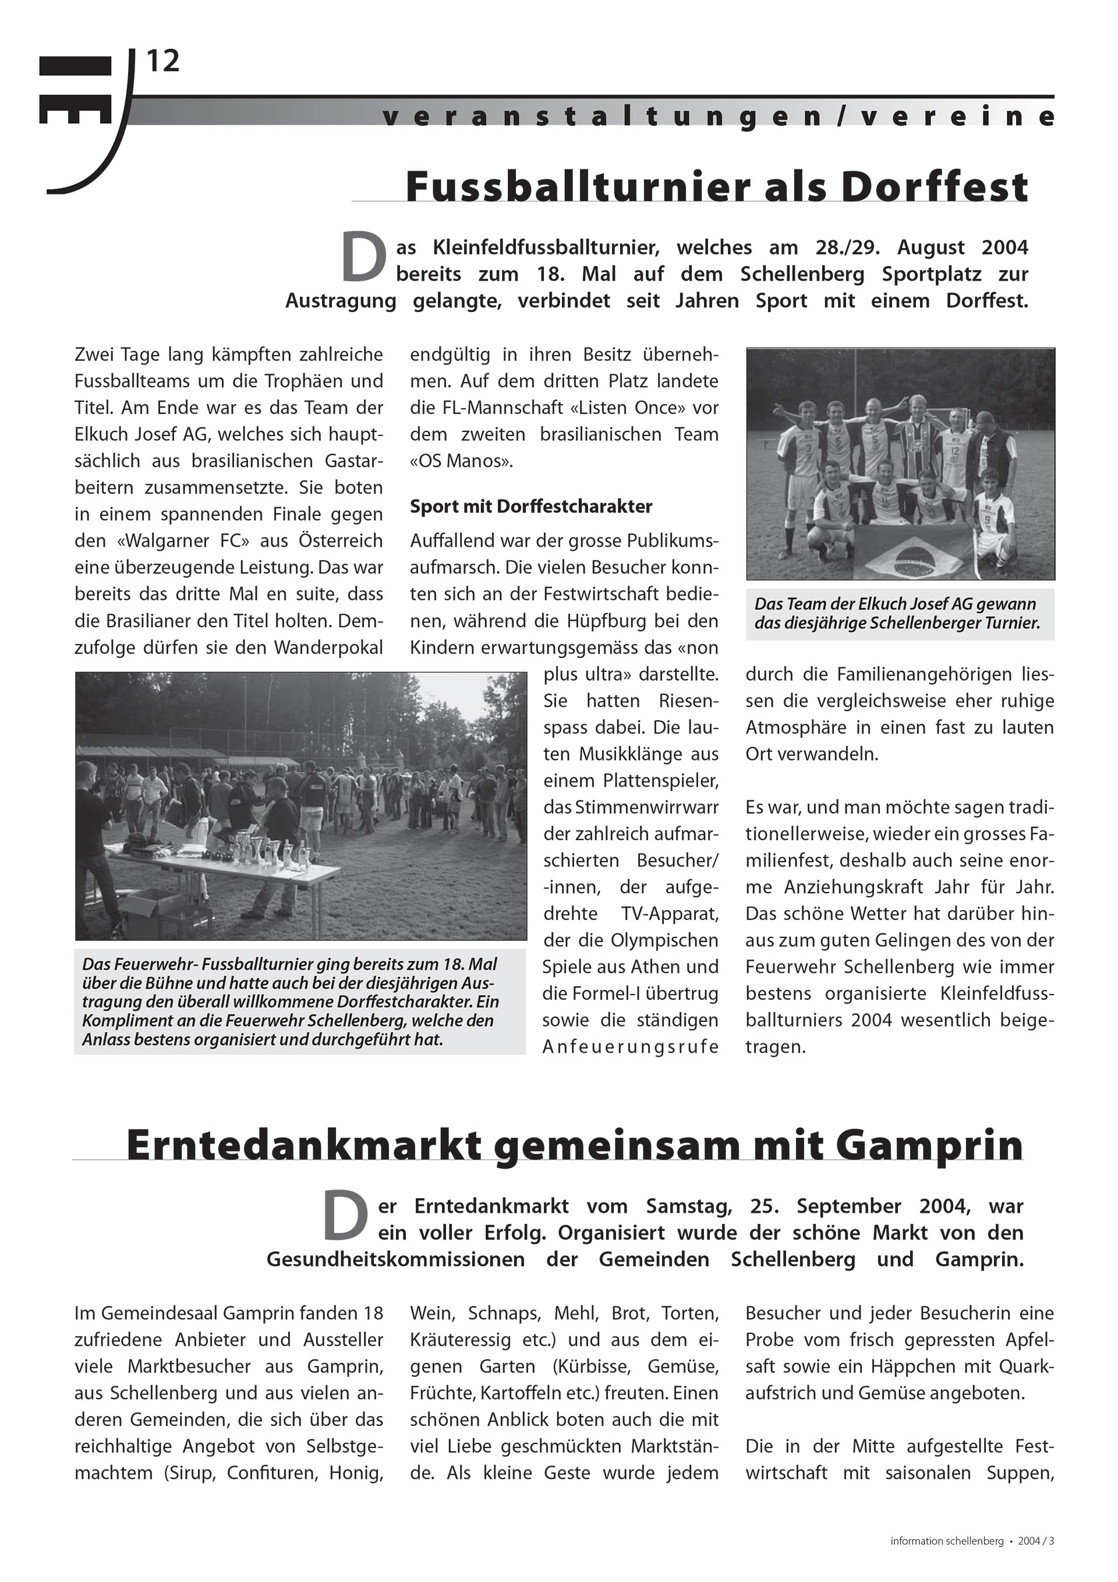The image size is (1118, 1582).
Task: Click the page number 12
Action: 162,62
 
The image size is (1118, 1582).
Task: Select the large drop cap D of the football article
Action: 363,258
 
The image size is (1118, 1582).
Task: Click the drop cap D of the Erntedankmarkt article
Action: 345,1217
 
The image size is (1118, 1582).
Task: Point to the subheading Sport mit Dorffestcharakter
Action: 530,507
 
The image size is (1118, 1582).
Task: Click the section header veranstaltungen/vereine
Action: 717,116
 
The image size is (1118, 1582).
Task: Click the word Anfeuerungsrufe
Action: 630,1047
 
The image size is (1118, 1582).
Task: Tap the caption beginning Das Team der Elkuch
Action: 897,613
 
